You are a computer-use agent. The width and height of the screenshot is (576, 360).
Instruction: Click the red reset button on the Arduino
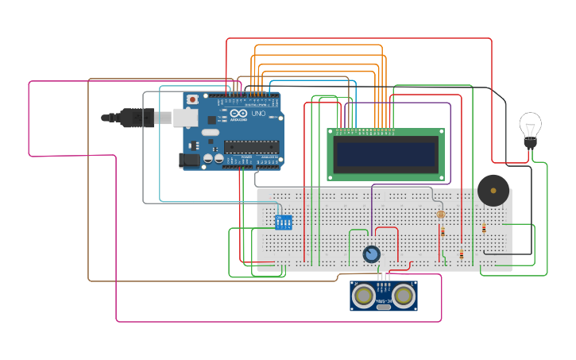192,99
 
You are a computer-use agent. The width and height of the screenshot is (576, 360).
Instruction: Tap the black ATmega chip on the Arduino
251,146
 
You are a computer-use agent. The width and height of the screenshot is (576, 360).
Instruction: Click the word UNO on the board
258,114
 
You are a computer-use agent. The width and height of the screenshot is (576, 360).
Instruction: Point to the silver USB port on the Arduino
185,118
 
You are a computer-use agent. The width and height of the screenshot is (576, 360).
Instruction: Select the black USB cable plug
135,118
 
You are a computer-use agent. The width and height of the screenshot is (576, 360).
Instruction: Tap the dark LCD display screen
386,154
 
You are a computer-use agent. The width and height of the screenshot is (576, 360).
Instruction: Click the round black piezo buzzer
493,191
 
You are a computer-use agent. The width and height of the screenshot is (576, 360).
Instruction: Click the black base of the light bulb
530,143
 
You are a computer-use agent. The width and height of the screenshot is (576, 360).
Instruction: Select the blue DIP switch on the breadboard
283,222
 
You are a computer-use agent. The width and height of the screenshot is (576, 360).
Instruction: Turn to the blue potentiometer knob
371,254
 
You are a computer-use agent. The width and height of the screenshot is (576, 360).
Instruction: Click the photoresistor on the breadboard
441,214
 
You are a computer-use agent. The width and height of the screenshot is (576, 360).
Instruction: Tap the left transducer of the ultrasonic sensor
365,296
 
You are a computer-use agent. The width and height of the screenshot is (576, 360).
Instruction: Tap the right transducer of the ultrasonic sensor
404,296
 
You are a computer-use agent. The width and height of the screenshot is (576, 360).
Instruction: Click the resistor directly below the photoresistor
443,232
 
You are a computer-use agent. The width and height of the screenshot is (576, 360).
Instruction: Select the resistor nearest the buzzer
484,229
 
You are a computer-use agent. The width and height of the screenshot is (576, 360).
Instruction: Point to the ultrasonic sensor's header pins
384,277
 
